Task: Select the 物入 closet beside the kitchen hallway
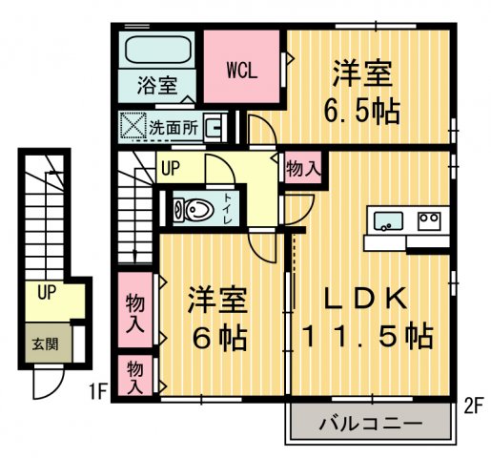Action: pyautogui.click(x=302, y=169)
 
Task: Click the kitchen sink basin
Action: pyautogui.click(x=387, y=221)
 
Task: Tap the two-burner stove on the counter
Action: pyautogui.click(x=429, y=220)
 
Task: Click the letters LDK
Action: pyautogui.click(x=366, y=299)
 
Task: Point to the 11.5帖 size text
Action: pyautogui.click(x=367, y=336)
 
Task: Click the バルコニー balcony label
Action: pyautogui.click(x=369, y=422)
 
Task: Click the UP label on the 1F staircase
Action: pyautogui.click(x=46, y=293)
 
